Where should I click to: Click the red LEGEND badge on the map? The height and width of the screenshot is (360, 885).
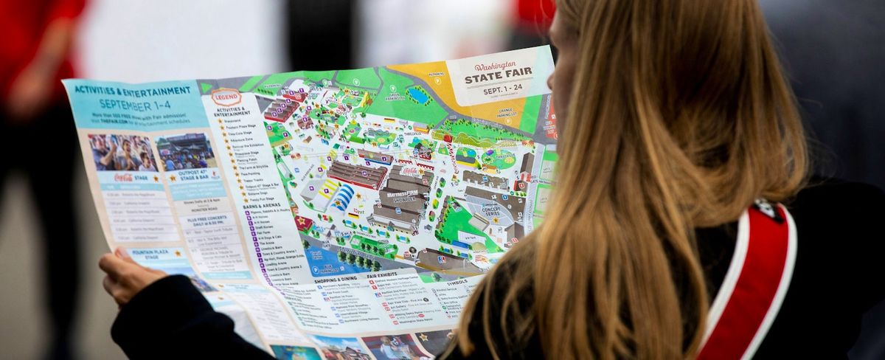point(226,97)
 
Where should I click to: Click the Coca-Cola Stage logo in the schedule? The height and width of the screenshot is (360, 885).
point(123,178)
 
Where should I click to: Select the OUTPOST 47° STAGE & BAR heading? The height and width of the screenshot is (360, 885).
point(186,175)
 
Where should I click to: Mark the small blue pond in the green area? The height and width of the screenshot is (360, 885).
point(418,94)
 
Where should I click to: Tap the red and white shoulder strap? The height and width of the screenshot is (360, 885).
point(752,280)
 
